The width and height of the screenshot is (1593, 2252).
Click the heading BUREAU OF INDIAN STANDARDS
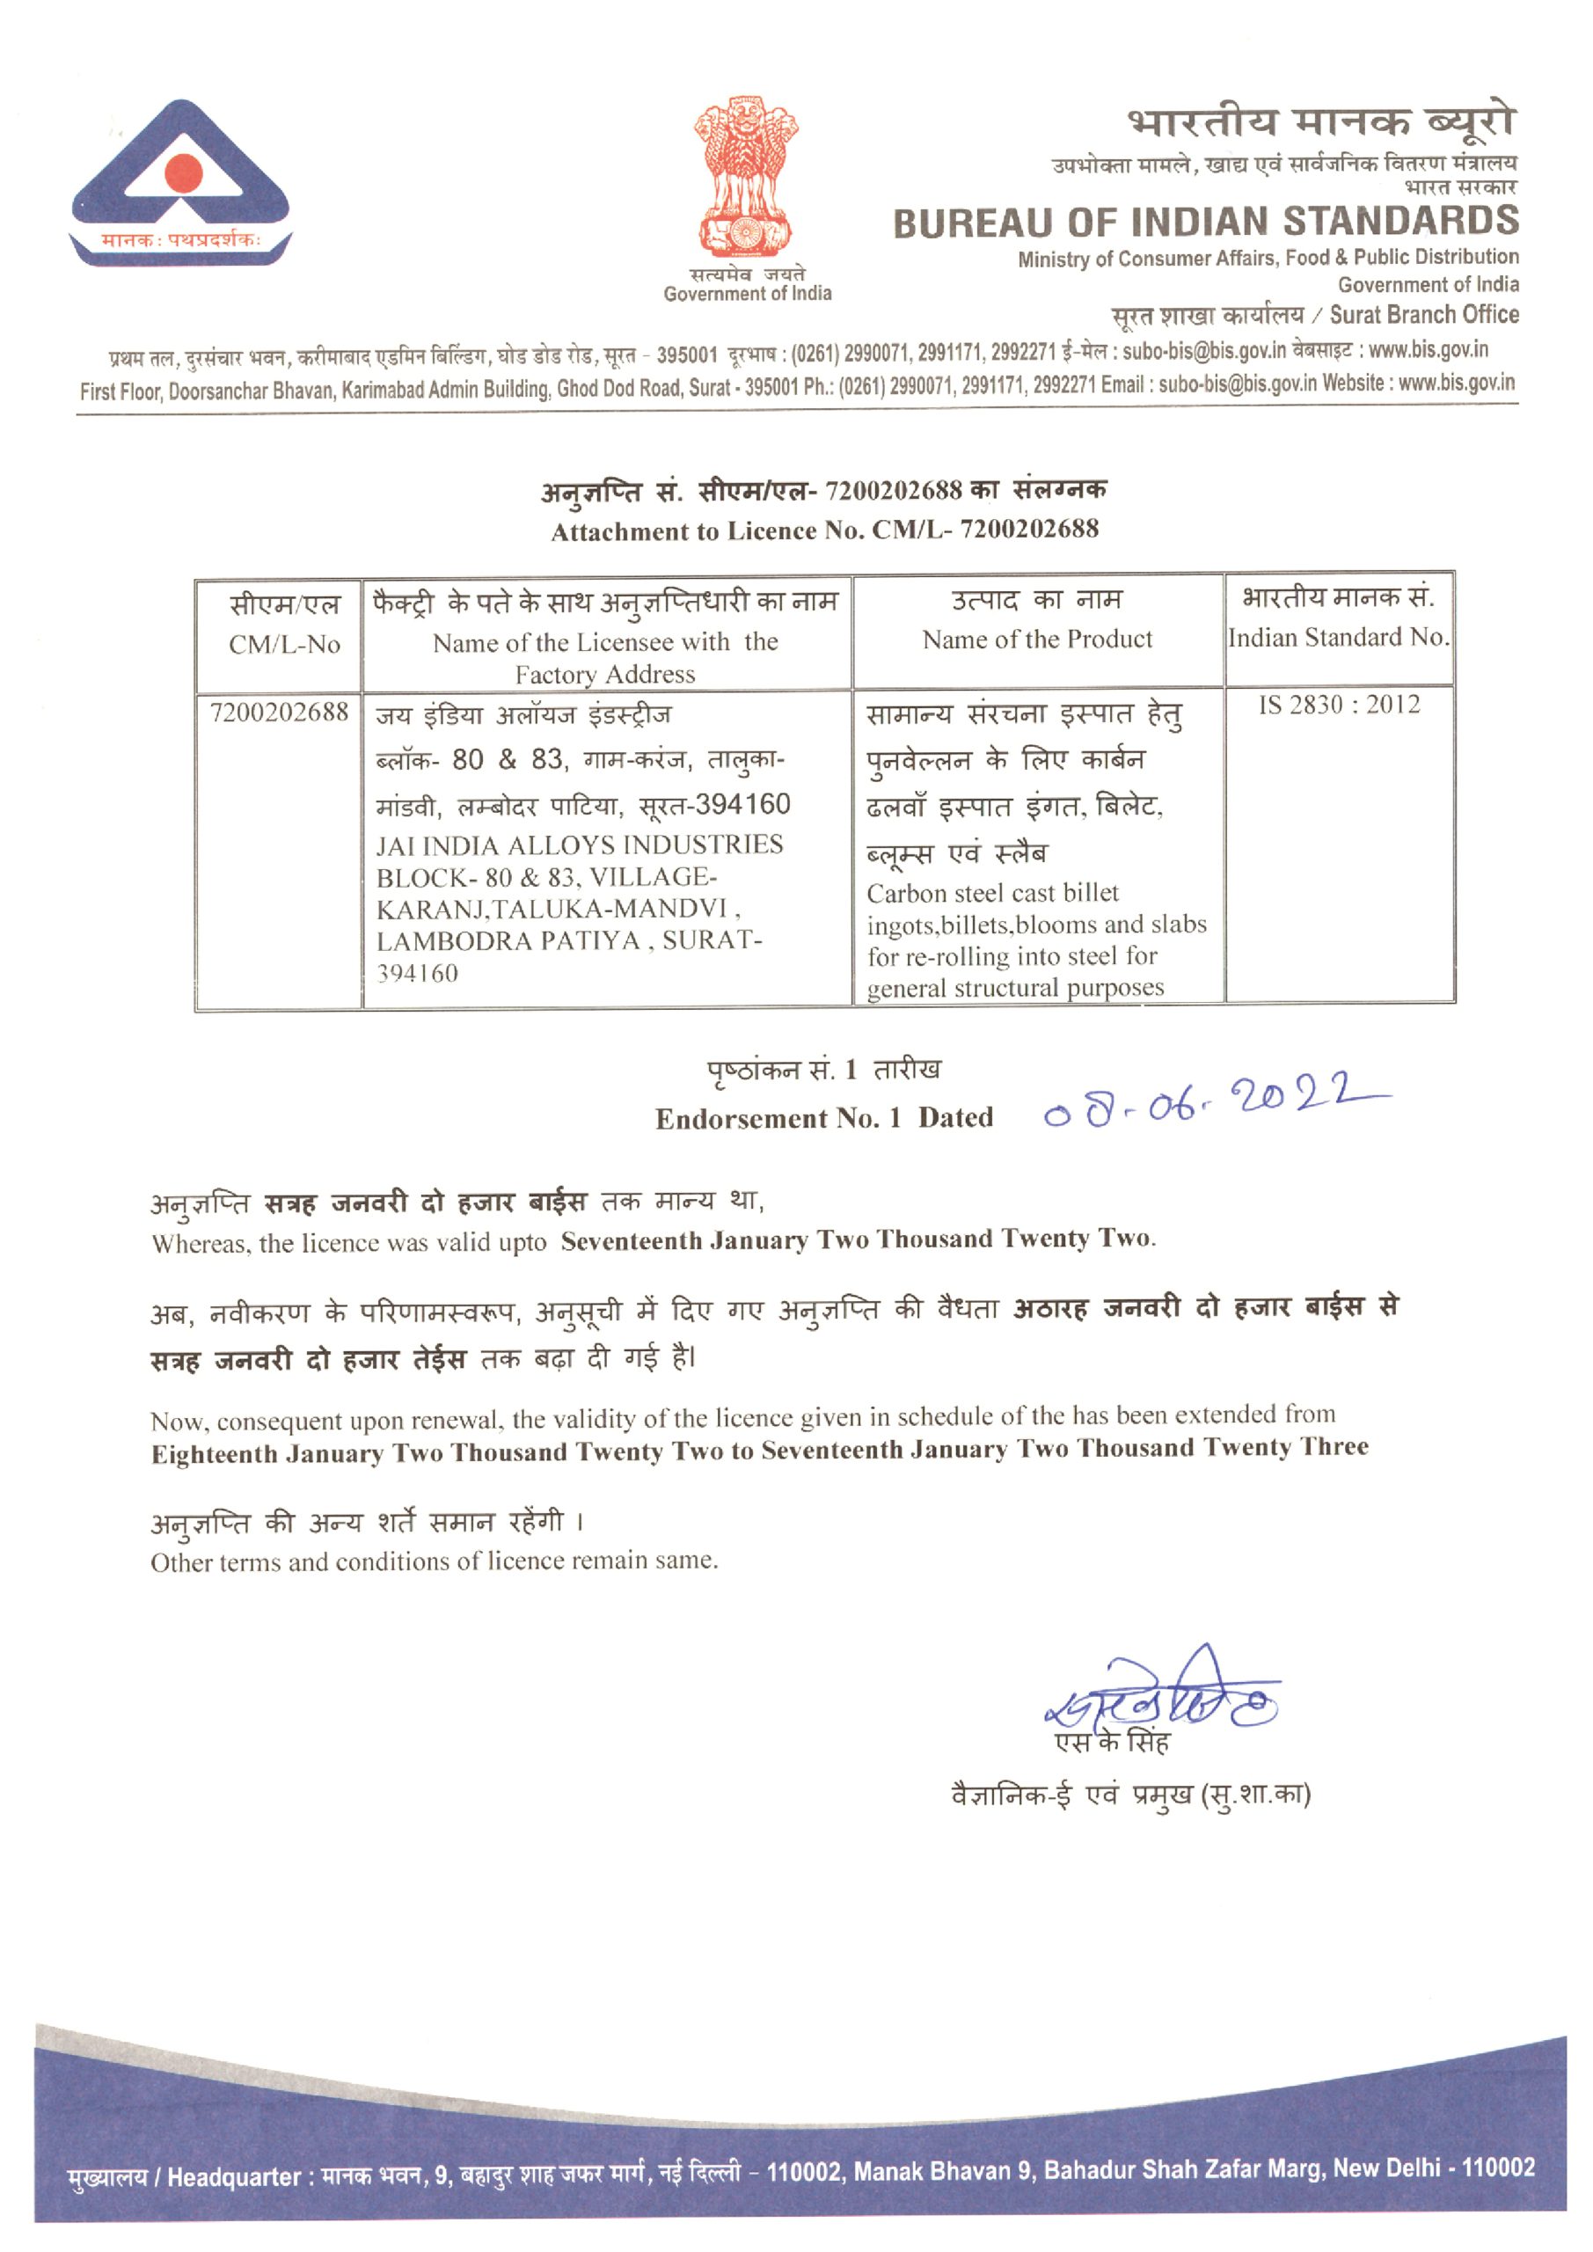coord(1206,223)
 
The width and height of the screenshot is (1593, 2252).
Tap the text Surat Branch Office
coord(1423,315)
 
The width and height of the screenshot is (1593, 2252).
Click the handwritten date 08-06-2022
coord(1217,1103)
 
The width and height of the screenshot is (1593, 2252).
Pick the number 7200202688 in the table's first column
coord(280,712)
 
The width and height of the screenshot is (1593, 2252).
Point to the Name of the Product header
coord(1037,640)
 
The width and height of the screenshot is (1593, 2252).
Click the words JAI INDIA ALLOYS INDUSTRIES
coord(579,844)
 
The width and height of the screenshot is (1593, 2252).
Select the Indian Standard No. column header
coord(1338,638)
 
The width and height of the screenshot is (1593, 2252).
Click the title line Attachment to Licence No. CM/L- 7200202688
coord(824,530)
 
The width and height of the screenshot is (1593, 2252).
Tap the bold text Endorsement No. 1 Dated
coord(824,1118)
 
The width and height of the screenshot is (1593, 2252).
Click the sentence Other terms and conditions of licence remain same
coord(435,1561)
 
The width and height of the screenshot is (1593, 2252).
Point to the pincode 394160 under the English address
coord(417,974)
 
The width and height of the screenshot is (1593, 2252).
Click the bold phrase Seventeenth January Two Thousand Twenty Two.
coord(858,1239)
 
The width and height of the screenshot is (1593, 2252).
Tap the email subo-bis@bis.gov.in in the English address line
coord(1237,384)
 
